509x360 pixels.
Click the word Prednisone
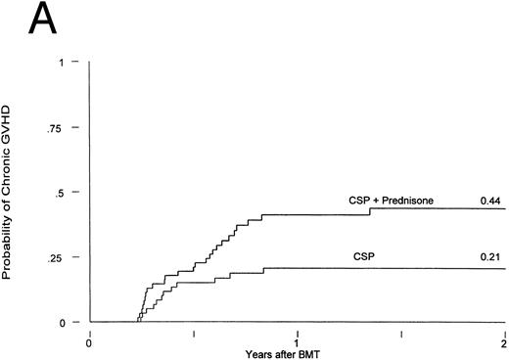tap(405, 201)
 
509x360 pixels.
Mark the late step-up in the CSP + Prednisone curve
tap(370, 211)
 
